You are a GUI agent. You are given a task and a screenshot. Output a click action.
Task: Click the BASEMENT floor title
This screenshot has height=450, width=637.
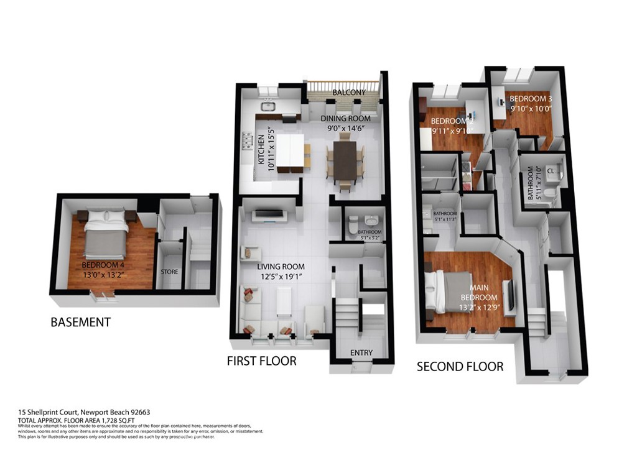81,322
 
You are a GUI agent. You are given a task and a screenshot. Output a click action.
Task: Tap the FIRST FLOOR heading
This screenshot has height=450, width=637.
261,360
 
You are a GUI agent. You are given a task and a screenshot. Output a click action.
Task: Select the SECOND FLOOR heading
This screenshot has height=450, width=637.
460,366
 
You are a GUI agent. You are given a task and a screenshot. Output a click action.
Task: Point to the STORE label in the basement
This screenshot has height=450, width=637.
170,272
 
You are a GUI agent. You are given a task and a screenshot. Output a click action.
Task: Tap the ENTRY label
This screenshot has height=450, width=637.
361,352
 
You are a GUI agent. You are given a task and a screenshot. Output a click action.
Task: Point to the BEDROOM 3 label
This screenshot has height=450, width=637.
531,99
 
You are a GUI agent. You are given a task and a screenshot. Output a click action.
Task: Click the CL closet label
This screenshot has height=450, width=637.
551,170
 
